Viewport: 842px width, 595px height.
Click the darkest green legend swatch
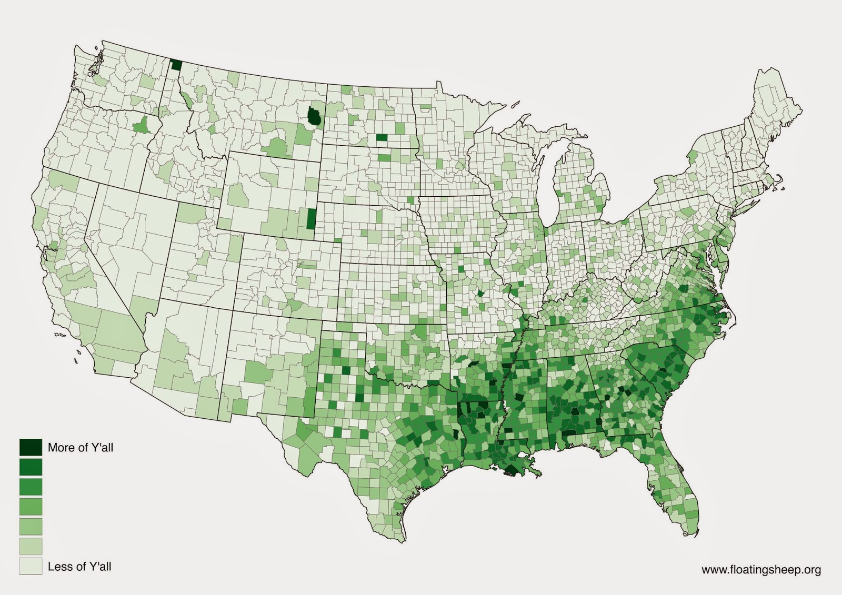tap(31, 447)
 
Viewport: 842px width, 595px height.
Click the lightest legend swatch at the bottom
tap(31, 566)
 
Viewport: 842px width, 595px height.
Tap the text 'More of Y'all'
tap(80, 448)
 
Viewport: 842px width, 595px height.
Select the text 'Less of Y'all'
tap(79, 567)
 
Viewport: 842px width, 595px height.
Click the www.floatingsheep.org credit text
tap(761, 569)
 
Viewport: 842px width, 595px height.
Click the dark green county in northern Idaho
tap(176, 65)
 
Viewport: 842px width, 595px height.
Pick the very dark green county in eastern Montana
tap(315, 117)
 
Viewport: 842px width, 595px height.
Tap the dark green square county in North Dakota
tap(381, 138)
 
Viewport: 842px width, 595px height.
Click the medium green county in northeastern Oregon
tap(141, 126)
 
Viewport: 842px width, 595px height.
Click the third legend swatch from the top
tap(31, 487)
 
